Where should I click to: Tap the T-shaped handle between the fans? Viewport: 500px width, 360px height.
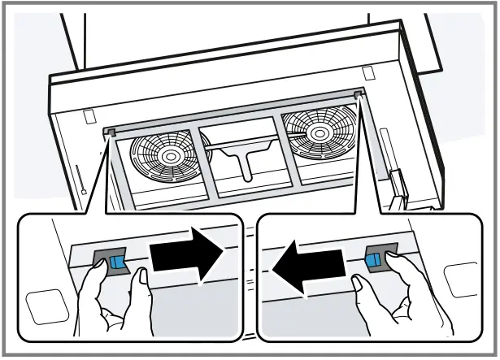click(246, 158)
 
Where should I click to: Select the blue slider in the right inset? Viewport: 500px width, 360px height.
click(373, 259)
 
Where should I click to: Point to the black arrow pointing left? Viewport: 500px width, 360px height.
click(310, 269)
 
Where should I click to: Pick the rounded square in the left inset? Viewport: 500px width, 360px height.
click(45, 308)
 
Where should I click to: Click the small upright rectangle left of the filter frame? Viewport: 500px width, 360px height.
click(90, 116)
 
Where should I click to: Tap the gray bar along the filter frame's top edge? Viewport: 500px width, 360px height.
click(236, 113)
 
